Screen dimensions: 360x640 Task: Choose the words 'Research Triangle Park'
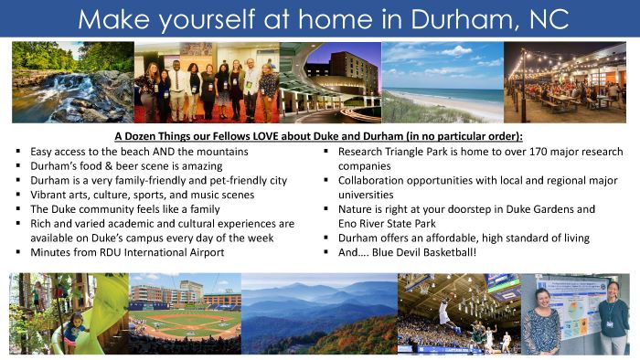pyautogui.click(x=400, y=151)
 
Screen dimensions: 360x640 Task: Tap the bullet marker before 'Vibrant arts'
pyautogui.click(x=19, y=195)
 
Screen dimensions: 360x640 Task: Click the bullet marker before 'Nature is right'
pyautogui.click(x=327, y=208)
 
